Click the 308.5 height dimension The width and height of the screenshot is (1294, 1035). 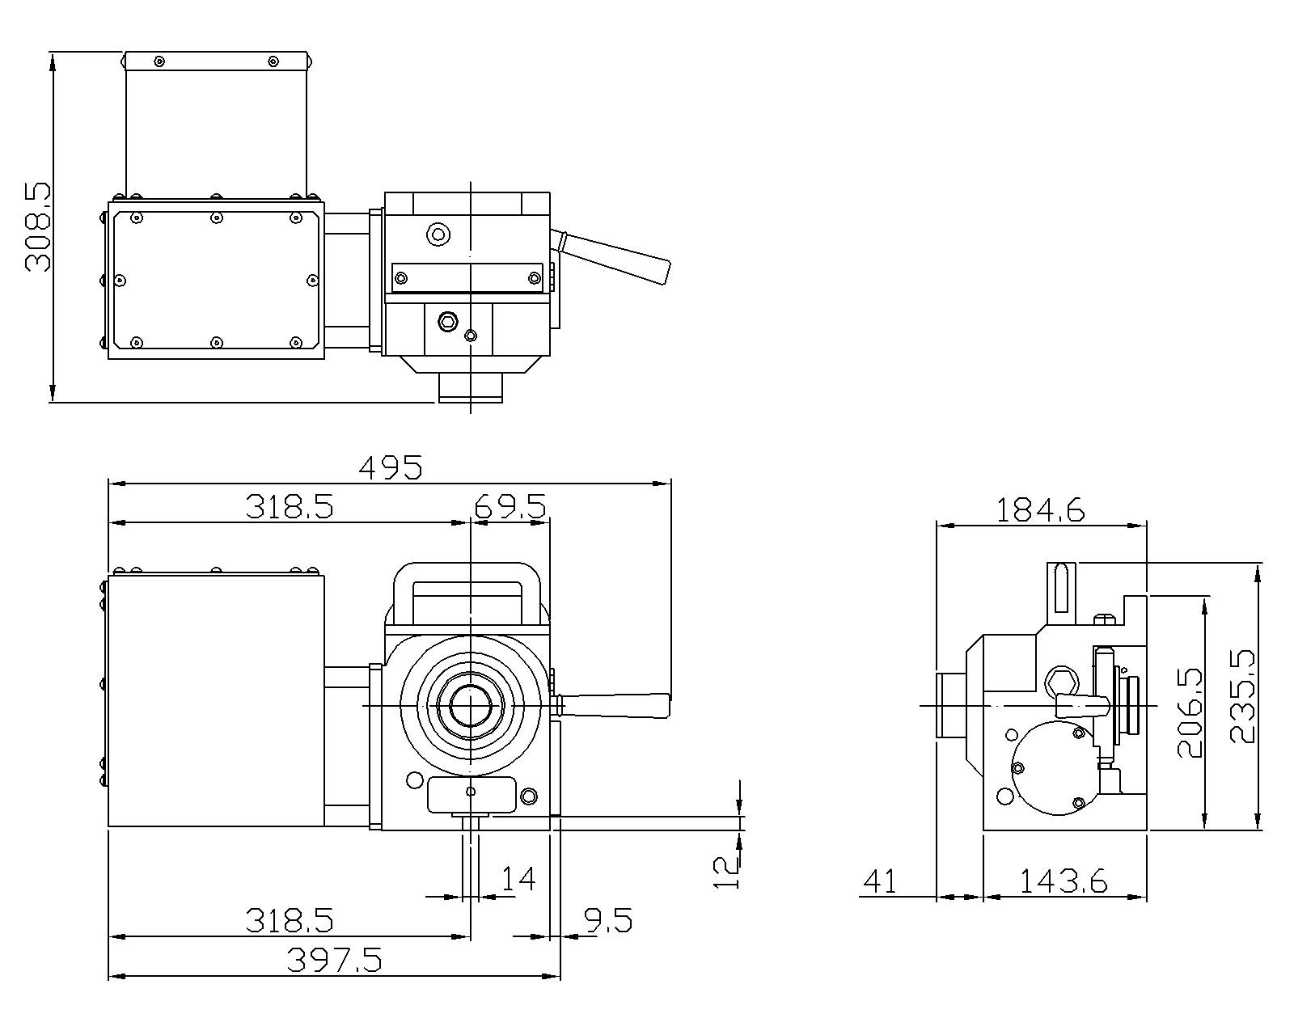(x=37, y=226)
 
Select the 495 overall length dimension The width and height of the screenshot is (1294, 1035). (x=391, y=467)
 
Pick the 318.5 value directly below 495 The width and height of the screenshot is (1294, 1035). (x=289, y=507)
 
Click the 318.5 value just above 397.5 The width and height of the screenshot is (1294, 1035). (x=289, y=920)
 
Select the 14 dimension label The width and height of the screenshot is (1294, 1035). (x=518, y=879)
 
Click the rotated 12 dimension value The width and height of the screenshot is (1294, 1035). (x=726, y=873)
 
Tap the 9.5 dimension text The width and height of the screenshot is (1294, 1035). (x=606, y=920)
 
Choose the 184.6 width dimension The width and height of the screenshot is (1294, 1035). (x=1039, y=510)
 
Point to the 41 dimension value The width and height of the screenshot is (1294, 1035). (x=880, y=881)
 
